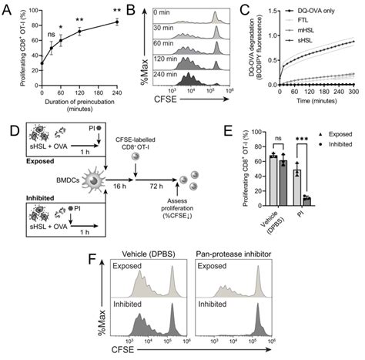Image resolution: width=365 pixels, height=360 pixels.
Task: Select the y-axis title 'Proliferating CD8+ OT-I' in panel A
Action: pyautogui.click(x=8, y=58)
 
